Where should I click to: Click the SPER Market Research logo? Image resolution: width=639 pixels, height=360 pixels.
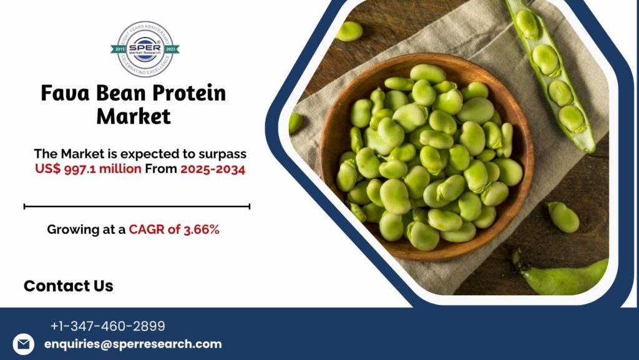145,49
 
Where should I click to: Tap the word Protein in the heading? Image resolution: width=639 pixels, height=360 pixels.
190,94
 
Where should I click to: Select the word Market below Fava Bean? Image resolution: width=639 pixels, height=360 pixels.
134,116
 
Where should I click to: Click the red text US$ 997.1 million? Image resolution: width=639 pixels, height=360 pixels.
89,169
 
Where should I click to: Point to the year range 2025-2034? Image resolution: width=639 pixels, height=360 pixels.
212,169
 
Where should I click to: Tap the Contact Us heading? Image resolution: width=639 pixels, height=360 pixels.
68,286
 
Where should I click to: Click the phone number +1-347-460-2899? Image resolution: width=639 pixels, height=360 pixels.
108,326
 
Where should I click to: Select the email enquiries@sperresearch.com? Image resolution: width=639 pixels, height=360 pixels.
133,344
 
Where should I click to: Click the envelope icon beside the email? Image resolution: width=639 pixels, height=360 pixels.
24,344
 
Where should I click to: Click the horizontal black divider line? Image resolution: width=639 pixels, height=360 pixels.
137,206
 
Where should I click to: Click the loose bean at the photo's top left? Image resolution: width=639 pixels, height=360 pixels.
349,31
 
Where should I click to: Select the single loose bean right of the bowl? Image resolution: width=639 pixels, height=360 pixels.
563,217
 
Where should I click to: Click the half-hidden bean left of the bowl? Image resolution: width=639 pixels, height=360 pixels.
295,122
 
